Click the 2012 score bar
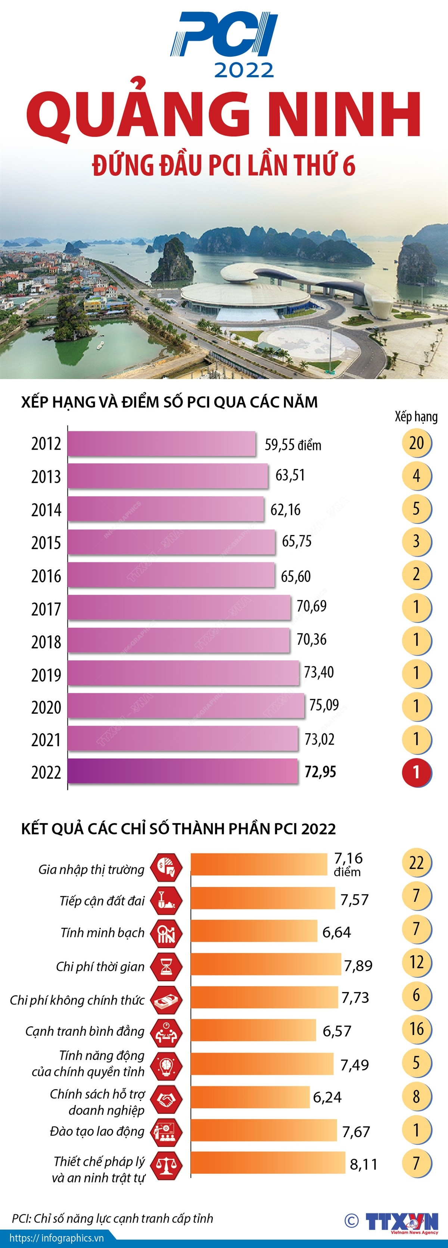[x=161, y=444]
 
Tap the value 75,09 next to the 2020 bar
[x=324, y=705]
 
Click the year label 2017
[x=46, y=609]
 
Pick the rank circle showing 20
[x=416, y=443]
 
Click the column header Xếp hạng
[x=416, y=417]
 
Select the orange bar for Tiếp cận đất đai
[x=262, y=898]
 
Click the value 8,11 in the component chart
[x=364, y=1164]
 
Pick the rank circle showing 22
[x=416, y=863]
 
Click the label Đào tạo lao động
[x=97, y=1131]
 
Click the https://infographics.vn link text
[x=56, y=1238]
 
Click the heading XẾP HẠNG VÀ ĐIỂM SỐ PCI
[x=169, y=402]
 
